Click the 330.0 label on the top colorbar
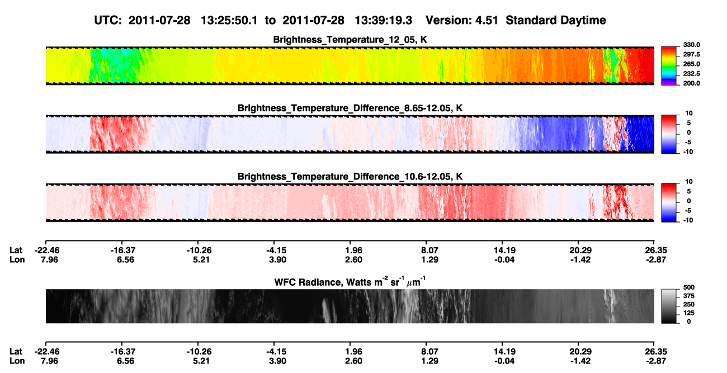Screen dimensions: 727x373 [691, 45]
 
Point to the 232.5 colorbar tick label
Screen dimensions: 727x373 [691, 74]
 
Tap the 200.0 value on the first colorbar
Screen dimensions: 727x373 [691, 83]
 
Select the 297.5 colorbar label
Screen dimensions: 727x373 [691, 54]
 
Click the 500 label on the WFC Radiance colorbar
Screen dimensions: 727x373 [689, 287]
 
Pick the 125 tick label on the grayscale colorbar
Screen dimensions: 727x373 [689, 313]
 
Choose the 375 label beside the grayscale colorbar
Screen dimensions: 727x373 [689, 296]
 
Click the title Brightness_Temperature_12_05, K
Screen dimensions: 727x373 [350, 40]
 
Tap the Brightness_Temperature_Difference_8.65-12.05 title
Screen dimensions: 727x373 [350, 108]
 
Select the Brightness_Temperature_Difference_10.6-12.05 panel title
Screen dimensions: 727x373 [350, 177]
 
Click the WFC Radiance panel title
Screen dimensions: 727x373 [350, 281]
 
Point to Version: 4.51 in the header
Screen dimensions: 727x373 [462, 20]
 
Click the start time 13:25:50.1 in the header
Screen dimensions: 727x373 [229, 20]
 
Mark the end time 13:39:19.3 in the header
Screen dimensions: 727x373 [383, 20]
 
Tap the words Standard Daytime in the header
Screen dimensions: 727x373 [556, 20]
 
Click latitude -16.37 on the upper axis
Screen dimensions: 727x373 [122, 251]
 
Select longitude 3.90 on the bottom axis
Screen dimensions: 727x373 [277, 361]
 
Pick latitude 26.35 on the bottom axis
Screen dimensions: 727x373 [655, 352]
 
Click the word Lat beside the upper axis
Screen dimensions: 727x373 [16, 251]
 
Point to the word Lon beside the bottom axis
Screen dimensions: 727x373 [17, 361]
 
